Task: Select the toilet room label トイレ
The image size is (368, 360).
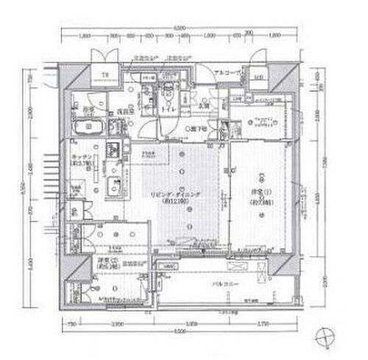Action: click(x=168, y=107)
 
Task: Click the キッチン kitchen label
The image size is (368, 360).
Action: click(x=81, y=162)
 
